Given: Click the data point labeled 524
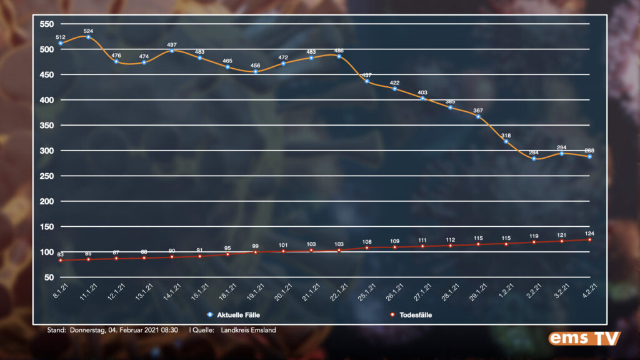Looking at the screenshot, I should click(x=88, y=37).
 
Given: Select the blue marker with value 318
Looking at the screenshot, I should click(x=506, y=141).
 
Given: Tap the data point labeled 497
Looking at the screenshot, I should click(x=172, y=51).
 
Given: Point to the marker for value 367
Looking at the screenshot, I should click(x=478, y=117).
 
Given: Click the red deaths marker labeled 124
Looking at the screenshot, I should click(x=589, y=239).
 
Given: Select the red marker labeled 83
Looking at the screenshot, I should click(x=61, y=260).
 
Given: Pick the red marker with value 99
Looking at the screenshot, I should click(x=256, y=252).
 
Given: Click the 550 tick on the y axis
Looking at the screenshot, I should click(x=47, y=24).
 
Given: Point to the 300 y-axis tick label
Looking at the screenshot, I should click(x=47, y=151).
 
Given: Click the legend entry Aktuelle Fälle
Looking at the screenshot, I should click(x=236, y=315).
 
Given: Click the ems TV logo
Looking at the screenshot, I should click(x=584, y=338).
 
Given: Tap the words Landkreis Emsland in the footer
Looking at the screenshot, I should click(x=248, y=330).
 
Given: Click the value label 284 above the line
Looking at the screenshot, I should click(x=534, y=152).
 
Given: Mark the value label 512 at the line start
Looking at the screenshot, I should click(x=61, y=36).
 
